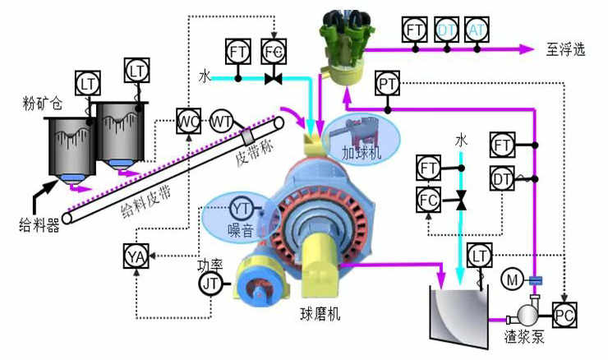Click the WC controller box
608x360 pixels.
[x=188, y=122]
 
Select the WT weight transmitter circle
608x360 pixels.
[x=221, y=122]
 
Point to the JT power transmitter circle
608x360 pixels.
[x=211, y=284]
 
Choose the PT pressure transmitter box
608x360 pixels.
[x=387, y=82]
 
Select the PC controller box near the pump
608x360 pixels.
[x=564, y=313]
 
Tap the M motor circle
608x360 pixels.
[x=513, y=281]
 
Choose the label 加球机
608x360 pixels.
[x=362, y=153]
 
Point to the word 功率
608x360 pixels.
[x=210, y=265]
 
